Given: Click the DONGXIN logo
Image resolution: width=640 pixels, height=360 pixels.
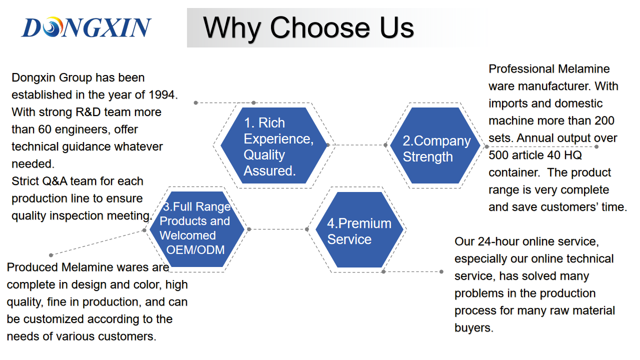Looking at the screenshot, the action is pos(86,27).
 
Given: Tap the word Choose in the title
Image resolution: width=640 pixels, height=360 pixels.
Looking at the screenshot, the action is pos(319,27).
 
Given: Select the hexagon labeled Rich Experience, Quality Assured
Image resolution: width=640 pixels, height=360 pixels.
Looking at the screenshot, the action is pos(273,145).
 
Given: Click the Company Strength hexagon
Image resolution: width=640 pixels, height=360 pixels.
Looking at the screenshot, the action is pos(435,145).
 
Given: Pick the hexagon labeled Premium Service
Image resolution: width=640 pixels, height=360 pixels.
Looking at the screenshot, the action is pos(359,229).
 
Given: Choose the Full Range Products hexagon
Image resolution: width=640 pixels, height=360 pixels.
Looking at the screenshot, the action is pos(197,229).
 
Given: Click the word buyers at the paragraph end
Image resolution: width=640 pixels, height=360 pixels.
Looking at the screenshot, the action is pos(473,328).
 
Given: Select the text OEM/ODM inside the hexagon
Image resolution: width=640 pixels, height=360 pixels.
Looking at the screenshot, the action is pos(195,250).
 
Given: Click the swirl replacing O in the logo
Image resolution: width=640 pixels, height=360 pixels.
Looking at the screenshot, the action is pos(52,27).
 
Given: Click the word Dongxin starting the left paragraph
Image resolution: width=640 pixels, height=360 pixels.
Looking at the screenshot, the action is pos(33,78).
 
